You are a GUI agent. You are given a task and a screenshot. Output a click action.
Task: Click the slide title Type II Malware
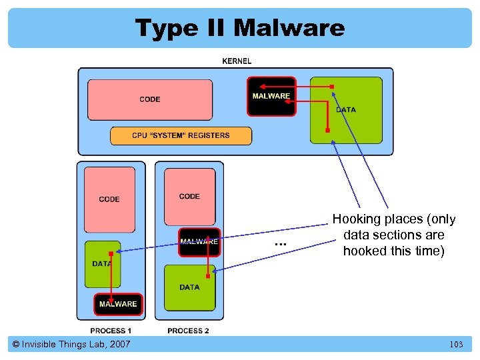coord(240,28)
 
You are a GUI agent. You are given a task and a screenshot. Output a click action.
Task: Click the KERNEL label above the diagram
coord(237,61)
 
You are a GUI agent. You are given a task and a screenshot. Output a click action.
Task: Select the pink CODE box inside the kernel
coord(150,99)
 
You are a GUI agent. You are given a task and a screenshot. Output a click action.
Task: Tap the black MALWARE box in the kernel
coord(271,97)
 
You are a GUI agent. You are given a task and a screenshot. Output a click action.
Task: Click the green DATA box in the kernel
coord(346,110)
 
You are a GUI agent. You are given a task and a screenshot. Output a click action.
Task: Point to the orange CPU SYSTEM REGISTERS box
coord(181,135)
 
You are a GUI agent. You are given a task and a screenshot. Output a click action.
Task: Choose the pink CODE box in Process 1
coord(109,199)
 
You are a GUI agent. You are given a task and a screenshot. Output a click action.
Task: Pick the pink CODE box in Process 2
coord(189,196)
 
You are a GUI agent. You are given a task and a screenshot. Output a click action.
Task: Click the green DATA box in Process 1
coord(103,264)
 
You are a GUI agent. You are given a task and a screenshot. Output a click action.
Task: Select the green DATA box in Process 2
coord(189,287)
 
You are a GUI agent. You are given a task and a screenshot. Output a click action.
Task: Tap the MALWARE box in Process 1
coord(118,304)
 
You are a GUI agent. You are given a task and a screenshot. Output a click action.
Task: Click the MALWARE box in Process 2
coord(199,242)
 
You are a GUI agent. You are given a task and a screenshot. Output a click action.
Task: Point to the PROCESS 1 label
coord(111,331)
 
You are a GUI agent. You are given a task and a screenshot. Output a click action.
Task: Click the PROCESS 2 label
coord(188,331)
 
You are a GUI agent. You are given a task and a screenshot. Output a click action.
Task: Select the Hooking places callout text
coord(393,235)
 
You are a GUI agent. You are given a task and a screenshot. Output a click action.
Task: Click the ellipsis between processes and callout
coord(280,244)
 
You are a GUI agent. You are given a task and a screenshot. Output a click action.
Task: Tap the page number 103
coord(456,345)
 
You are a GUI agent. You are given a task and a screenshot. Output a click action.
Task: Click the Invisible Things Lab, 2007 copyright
coord(71,344)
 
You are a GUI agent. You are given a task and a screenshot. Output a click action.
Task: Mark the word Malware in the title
coord(289,28)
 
